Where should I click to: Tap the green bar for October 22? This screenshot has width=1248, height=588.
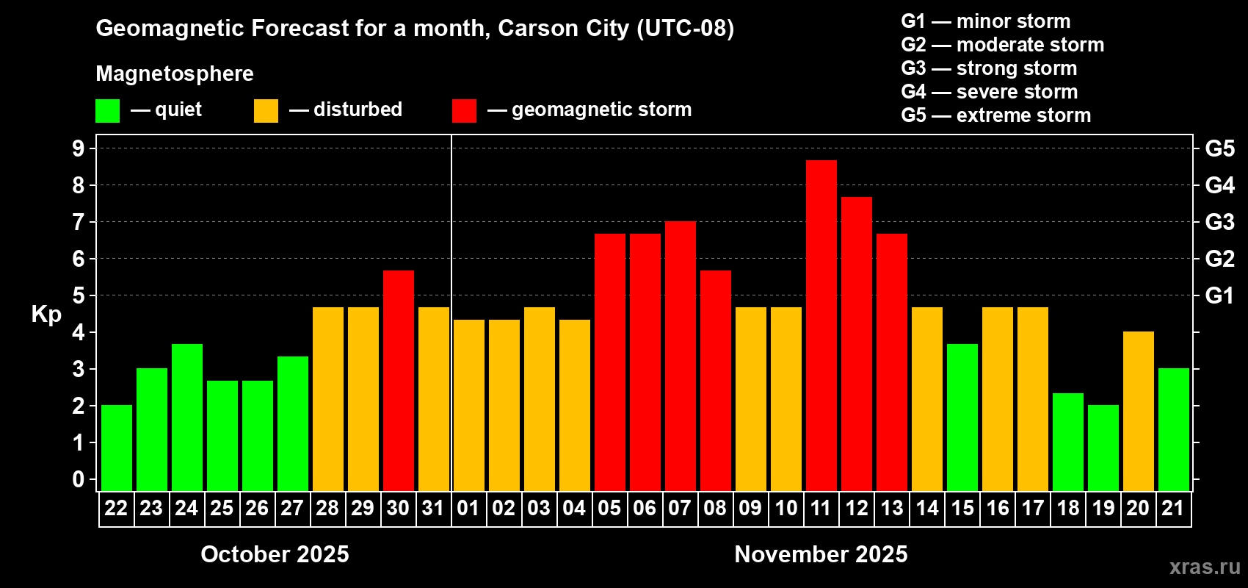116,448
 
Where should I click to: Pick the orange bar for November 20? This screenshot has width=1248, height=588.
1138,411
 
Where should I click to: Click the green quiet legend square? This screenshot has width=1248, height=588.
107,111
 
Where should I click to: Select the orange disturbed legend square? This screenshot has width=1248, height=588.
266,111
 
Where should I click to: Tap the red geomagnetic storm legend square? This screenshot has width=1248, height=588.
464,111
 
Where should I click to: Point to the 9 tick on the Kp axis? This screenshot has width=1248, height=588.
79,148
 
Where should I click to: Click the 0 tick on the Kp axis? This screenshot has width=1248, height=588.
79,479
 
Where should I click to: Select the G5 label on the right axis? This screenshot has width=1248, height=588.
1219,148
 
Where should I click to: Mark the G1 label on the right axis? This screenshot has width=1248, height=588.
1219,295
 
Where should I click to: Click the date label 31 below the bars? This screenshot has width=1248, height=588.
433,508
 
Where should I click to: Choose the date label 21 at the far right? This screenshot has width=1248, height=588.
1172,508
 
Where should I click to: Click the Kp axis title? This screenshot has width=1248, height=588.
46,314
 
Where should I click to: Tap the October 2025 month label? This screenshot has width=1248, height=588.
275,554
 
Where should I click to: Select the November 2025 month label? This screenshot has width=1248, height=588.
821,554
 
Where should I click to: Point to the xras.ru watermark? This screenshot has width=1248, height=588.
1204,567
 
